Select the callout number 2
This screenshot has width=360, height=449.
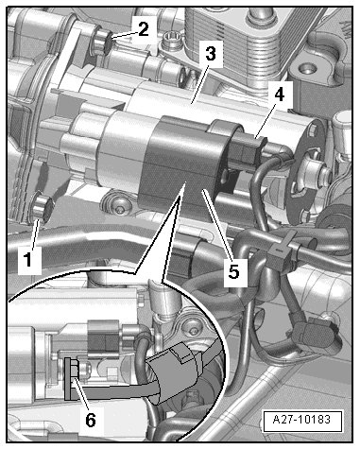click(143, 29)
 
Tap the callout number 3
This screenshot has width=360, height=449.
click(211, 53)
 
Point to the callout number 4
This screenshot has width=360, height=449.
click(279, 94)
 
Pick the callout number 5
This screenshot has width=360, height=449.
click(233, 270)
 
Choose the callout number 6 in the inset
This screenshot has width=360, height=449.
click(91, 419)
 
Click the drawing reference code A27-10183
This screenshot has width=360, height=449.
click(301, 420)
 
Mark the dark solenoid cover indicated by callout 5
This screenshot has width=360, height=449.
click(181, 164)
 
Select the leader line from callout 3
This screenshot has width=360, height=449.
click(199, 82)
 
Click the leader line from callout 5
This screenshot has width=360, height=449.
click(217, 224)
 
